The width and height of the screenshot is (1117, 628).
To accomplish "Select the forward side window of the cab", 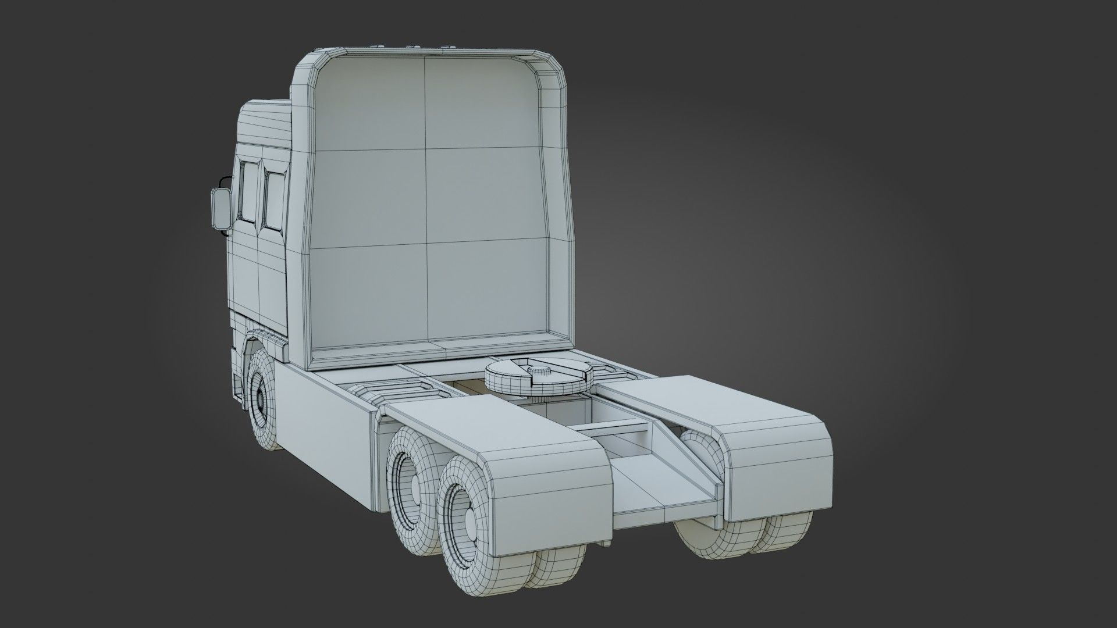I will point(247,192).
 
